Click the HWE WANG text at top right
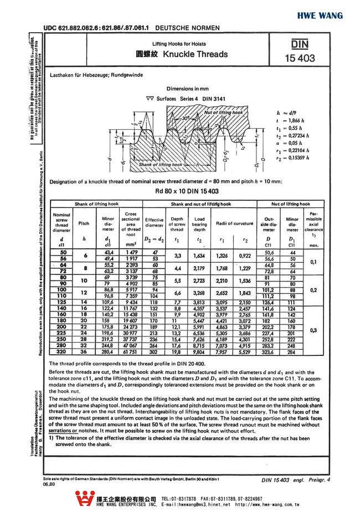[x=331, y=15]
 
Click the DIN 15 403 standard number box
[x=300, y=51]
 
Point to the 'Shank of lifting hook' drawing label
[x=160, y=165]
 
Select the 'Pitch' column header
[x=84, y=223]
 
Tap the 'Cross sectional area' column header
[x=131, y=221]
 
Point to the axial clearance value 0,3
[x=313, y=330]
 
